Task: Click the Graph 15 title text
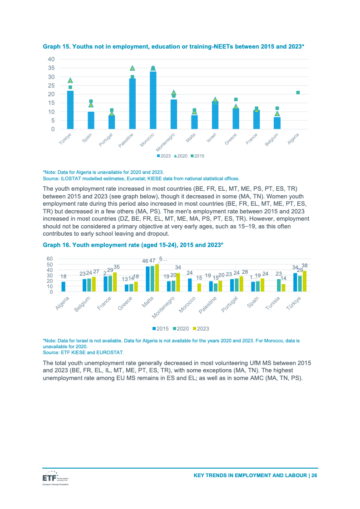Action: [x=173, y=46]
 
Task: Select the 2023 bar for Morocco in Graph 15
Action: [x=153, y=100]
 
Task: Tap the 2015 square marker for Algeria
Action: [x=298, y=93]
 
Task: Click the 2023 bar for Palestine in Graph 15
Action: [x=133, y=104]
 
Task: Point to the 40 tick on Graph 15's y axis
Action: [x=51, y=59]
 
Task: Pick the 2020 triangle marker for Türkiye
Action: [x=70, y=80]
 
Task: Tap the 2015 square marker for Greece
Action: [x=236, y=99]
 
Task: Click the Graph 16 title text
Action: [x=133, y=245]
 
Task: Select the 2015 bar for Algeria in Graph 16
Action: [x=64, y=287]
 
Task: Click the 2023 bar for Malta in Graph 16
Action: [x=157, y=278]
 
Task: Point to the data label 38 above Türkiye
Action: [x=305, y=265]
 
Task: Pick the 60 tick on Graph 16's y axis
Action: [x=50, y=259]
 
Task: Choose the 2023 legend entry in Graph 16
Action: [x=201, y=328]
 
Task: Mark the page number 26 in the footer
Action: [x=314, y=475]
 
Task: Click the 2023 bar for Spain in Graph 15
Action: [x=91, y=120]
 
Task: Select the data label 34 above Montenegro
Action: [x=178, y=267]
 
